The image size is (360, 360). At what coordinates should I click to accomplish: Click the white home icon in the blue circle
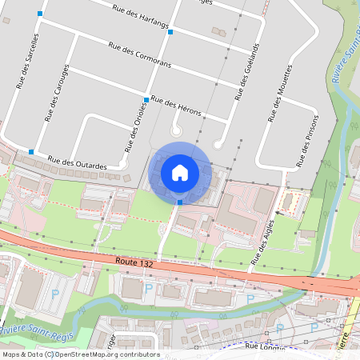pyautogui.click(x=179, y=172)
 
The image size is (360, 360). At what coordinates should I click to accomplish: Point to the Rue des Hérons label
pyautogui.click(x=175, y=105)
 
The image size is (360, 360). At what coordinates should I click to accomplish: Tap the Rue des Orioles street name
pyautogui.click(x=133, y=129)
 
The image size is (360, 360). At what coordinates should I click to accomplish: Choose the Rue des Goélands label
pyautogui.click(x=248, y=72)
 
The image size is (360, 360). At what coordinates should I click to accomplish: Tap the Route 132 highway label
pyautogui.click(x=133, y=261)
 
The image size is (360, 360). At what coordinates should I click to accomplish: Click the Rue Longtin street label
pyautogui.click(x=265, y=346)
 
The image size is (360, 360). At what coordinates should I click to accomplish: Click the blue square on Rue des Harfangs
pyautogui.click(x=170, y=32)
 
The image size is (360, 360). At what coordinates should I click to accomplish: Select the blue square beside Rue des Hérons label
pyautogui.click(x=146, y=99)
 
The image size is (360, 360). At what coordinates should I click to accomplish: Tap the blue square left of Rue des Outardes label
pyautogui.click(x=30, y=151)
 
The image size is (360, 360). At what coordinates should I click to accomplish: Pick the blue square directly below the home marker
pyautogui.click(x=179, y=202)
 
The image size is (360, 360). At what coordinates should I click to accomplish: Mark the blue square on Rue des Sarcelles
pyautogui.click(x=40, y=14)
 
